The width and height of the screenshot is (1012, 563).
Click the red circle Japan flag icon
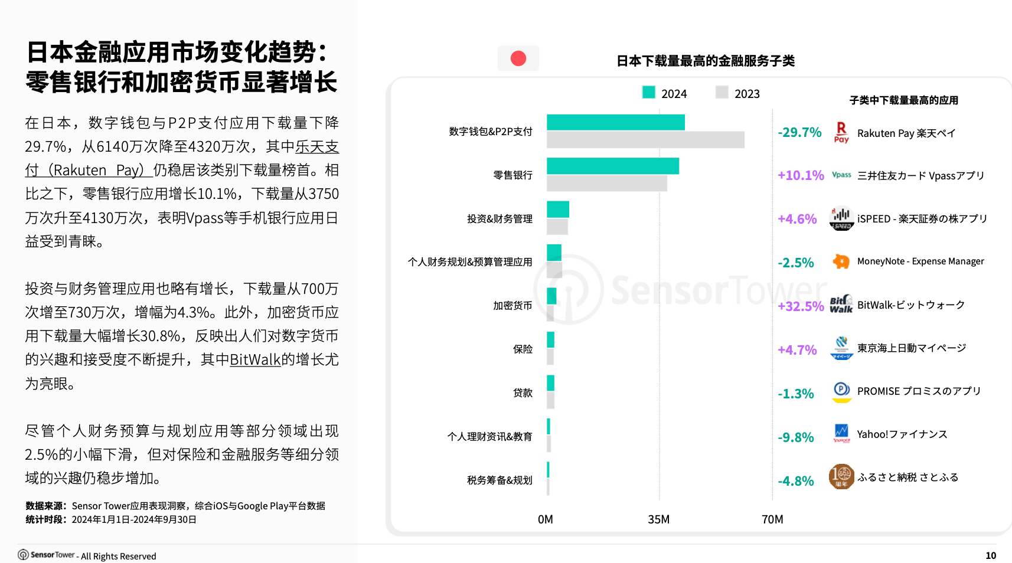pyautogui.click(x=518, y=58)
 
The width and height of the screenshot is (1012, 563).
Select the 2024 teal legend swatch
pyautogui.click(x=648, y=93)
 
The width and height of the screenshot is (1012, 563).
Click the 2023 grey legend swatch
pyautogui.click(x=722, y=93)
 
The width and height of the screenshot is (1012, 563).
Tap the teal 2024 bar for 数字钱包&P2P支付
pyautogui.click(x=615, y=122)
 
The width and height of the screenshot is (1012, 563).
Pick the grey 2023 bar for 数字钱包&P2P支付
pyautogui.click(x=645, y=140)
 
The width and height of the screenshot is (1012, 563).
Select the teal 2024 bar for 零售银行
pyautogui.click(x=612, y=166)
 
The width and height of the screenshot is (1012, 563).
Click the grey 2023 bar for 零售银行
pyautogui.click(x=606, y=184)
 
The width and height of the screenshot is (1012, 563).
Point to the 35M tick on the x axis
pyautogui.click(x=658, y=519)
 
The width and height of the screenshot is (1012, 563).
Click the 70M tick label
pyautogui.click(x=772, y=519)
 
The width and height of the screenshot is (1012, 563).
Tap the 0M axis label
pyautogui.click(x=545, y=519)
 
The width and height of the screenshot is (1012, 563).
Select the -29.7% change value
pyautogui.click(x=799, y=132)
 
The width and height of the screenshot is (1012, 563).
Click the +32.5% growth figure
pyautogui.click(x=801, y=306)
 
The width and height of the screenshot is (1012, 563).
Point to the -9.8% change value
pyautogui.click(x=795, y=437)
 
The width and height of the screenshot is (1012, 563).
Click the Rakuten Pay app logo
pyautogui.click(x=841, y=132)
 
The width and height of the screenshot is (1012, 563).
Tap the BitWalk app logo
pyautogui.click(x=841, y=305)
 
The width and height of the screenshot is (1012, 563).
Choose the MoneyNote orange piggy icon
pyautogui.click(x=841, y=261)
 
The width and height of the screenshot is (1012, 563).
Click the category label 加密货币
pyautogui.click(x=512, y=306)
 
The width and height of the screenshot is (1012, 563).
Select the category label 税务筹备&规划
pyautogui.click(x=500, y=480)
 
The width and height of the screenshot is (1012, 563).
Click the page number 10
pyautogui.click(x=991, y=555)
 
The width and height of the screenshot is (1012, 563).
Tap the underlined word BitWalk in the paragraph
pyautogui.click(x=255, y=359)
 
